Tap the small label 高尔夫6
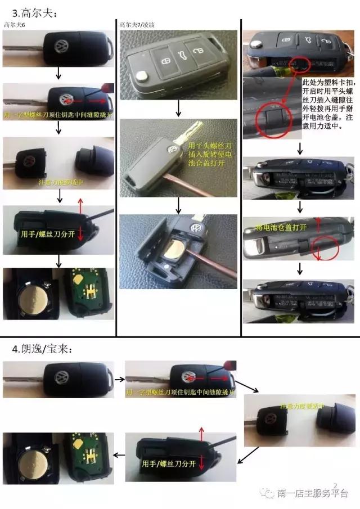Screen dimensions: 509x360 point(14,24)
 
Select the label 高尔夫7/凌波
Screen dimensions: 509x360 point(136,24)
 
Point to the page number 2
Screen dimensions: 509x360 point(335,484)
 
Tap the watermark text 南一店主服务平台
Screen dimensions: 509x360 point(313,494)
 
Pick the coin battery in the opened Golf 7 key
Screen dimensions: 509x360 point(178,249)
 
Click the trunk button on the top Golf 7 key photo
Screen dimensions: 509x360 point(183,54)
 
